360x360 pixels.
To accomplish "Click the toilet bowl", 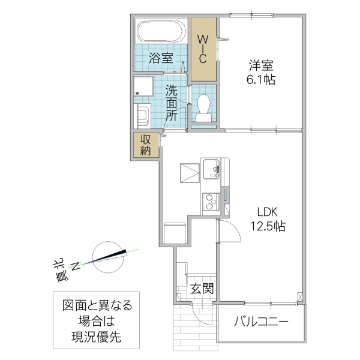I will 203,105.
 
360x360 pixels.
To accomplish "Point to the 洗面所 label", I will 172,103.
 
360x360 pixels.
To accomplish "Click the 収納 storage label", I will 146,145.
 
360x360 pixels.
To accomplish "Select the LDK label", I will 268,212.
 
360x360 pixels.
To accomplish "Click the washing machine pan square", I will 144,86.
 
